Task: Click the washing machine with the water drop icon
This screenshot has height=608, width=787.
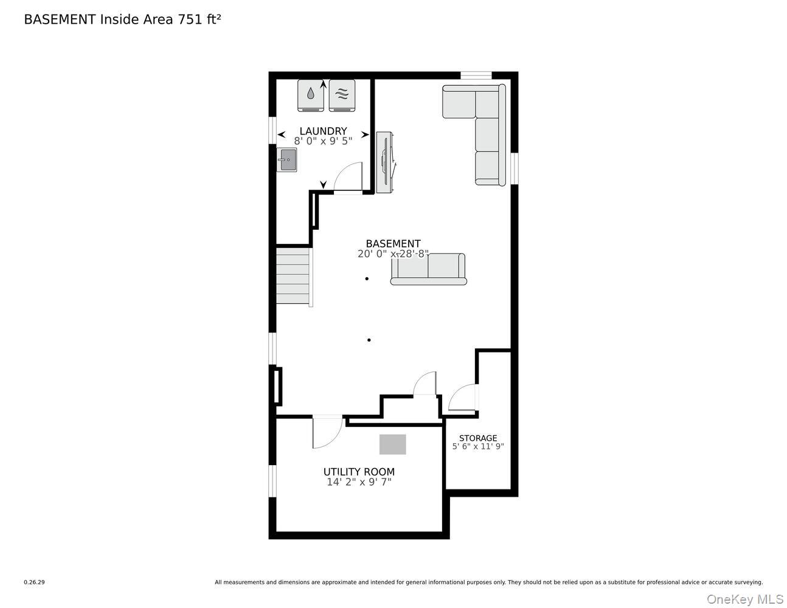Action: (x=310, y=95)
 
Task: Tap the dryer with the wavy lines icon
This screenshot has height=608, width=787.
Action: (x=342, y=95)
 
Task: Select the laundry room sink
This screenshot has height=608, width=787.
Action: (x=286, y=159)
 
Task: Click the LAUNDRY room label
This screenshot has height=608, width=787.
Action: (x=323, y=131)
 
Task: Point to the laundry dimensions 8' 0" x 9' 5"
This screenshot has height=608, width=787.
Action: (x=323, y=141)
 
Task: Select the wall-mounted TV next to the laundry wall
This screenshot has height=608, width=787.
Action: (x=386, y=162)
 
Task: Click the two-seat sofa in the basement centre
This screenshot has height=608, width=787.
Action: (x=428, y=269)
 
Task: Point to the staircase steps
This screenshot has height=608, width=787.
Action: (x=293, y=276)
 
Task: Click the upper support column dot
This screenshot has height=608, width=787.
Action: (x=367, y=278)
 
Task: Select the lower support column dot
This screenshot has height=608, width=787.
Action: (x=369, y=340)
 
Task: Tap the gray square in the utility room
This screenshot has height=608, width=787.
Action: (x=393, y=444)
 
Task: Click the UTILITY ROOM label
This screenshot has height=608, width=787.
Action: (x=359, y=472)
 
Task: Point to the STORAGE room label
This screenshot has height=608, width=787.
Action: (x=478, y=438)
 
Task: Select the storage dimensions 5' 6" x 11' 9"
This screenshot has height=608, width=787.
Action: (x=478, y=446)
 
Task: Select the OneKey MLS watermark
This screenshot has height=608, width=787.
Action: (x=744, y=599)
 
